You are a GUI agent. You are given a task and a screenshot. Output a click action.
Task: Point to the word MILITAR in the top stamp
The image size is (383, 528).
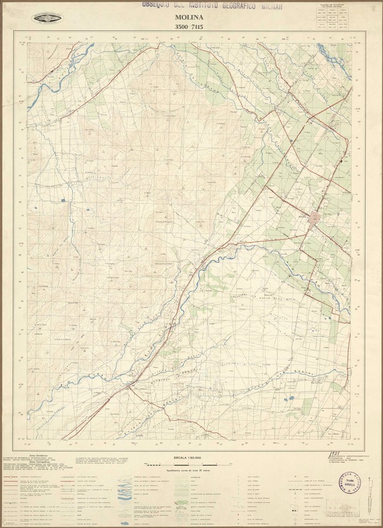(285, 5)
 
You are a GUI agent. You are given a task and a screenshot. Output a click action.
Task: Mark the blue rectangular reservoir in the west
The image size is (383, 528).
(64, 199)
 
